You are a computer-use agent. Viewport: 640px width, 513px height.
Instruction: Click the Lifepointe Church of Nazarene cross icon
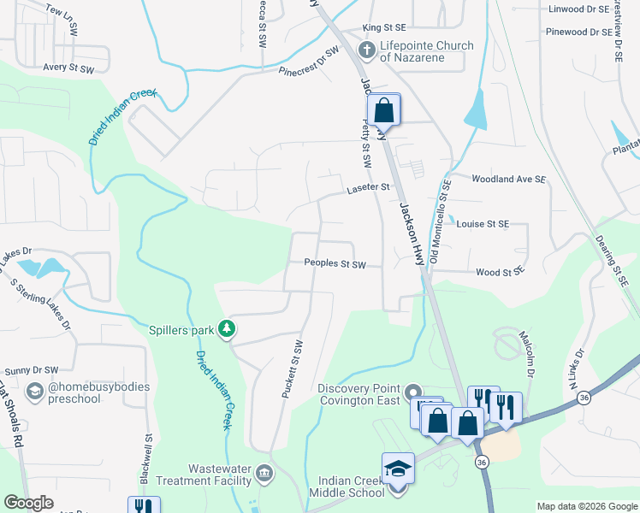[367, 50]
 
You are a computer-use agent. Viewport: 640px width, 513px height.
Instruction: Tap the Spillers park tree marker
[227, 328]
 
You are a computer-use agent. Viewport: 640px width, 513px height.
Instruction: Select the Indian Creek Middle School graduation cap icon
[397, 469]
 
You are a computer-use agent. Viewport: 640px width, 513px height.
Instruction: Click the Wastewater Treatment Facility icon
[264, 473]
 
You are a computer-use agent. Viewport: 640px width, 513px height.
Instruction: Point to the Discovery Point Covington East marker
[413, 390]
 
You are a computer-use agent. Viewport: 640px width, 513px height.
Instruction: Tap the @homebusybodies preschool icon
[35, 392]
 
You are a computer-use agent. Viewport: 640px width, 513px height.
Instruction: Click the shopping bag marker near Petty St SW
[384, 110]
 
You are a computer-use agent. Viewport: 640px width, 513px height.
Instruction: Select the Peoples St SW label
[335, 265]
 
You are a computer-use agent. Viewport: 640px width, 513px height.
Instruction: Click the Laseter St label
[368, 187]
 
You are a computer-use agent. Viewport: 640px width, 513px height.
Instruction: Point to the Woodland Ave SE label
[508, 180]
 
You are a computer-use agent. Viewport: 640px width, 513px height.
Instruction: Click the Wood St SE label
[499, 273]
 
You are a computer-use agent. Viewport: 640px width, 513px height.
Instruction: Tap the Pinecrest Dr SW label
[309, 63]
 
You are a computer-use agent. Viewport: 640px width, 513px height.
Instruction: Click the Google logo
[29, 503]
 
